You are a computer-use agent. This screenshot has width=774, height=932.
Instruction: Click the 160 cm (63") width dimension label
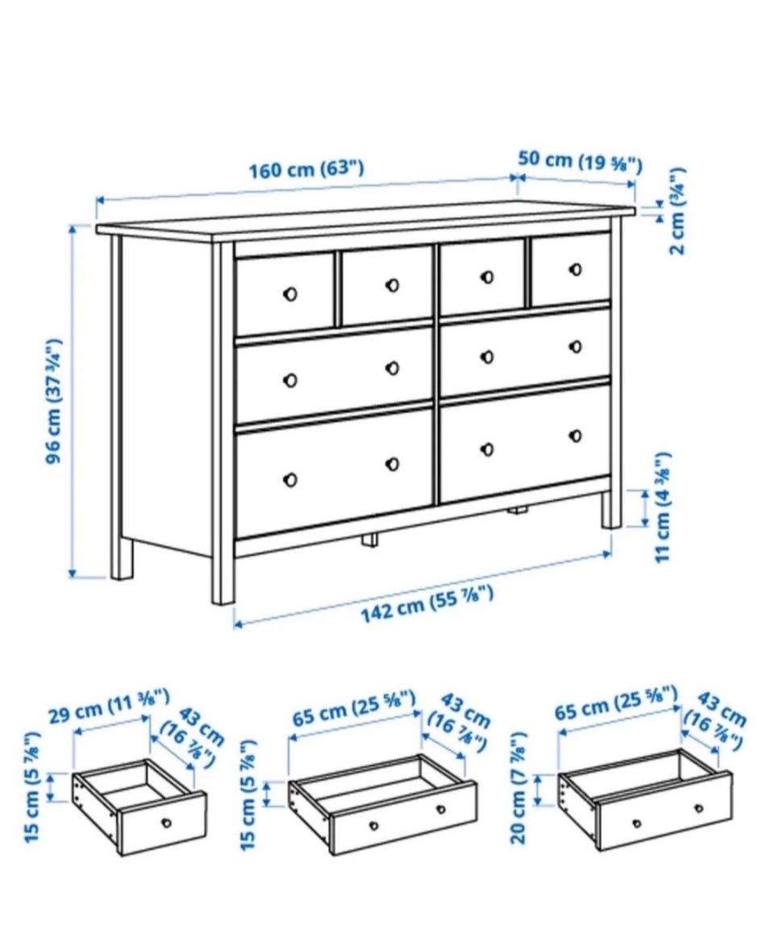[x=306, y=169]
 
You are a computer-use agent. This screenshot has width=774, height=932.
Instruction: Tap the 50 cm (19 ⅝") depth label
[x=580, y=162]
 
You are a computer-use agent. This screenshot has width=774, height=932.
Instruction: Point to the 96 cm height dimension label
[x=54, y=402]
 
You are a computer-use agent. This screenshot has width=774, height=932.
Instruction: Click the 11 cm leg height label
[x=663, y=507]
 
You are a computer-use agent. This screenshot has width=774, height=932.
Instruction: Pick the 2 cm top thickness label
[x=678, y=211]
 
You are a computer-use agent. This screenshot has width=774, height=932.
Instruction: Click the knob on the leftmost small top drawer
[x=289, y=294]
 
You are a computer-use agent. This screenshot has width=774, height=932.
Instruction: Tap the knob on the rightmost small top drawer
[x=576, y=269]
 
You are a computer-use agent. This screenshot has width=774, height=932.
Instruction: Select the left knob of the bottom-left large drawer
[x=290, y=479]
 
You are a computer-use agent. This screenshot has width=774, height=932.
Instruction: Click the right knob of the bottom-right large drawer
[x=576, y=436]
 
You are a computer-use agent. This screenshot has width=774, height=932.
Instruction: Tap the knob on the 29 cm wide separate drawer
[x=166, y=822]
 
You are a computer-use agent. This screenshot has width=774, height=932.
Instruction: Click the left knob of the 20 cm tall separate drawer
[x=637, y=823]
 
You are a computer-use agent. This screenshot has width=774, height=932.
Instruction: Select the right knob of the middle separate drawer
[x=441, y=809]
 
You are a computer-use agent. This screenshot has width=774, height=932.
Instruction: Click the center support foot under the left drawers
[x=369, y=540]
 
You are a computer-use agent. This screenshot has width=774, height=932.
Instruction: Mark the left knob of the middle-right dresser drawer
[x=487, y=357]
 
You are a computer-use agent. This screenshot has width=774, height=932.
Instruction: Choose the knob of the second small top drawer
[x=392, y=285]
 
